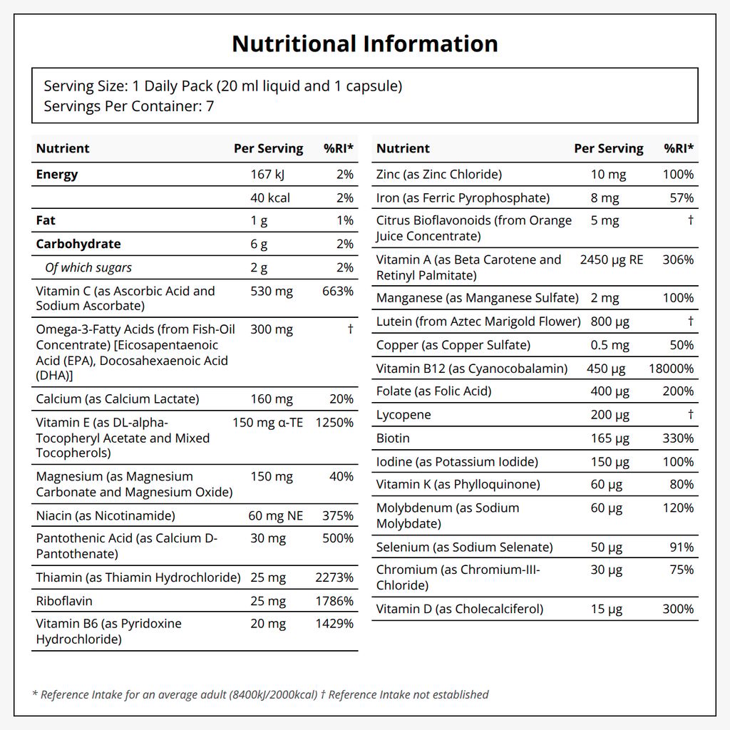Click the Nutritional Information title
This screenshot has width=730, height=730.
tap(365, 43)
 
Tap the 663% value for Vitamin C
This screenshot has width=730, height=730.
tap(337, 292)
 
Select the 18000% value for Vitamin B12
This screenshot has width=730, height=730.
tap(671, 369)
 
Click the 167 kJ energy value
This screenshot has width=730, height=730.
tap(267, 175)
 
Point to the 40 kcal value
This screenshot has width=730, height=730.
tap(270, 198)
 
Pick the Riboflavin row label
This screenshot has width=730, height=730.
tap(64, 601)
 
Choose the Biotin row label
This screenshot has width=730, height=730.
tap(393, 438)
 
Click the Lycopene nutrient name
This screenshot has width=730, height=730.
tap(403, 415)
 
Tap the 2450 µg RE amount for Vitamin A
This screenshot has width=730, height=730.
tap(612, 259)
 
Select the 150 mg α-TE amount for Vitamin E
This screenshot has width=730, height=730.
tap(268, 423)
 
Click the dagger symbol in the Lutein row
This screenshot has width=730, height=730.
tap(691, 321)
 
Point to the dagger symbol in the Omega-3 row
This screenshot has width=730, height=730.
tap(351, 329)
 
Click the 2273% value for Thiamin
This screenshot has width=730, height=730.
tap(334, 577)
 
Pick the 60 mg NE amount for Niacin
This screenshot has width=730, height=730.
tap(276, 516)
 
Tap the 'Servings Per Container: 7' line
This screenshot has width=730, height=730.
tap(129, 106)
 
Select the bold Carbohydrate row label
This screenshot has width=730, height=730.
tap(78, 244)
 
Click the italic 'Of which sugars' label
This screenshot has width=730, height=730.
tap(88, 268)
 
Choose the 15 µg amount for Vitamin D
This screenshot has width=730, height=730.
tap(607, 609)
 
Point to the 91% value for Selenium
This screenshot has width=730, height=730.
tap(682, 547)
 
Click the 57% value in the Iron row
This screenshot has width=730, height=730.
tap(682, 198)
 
